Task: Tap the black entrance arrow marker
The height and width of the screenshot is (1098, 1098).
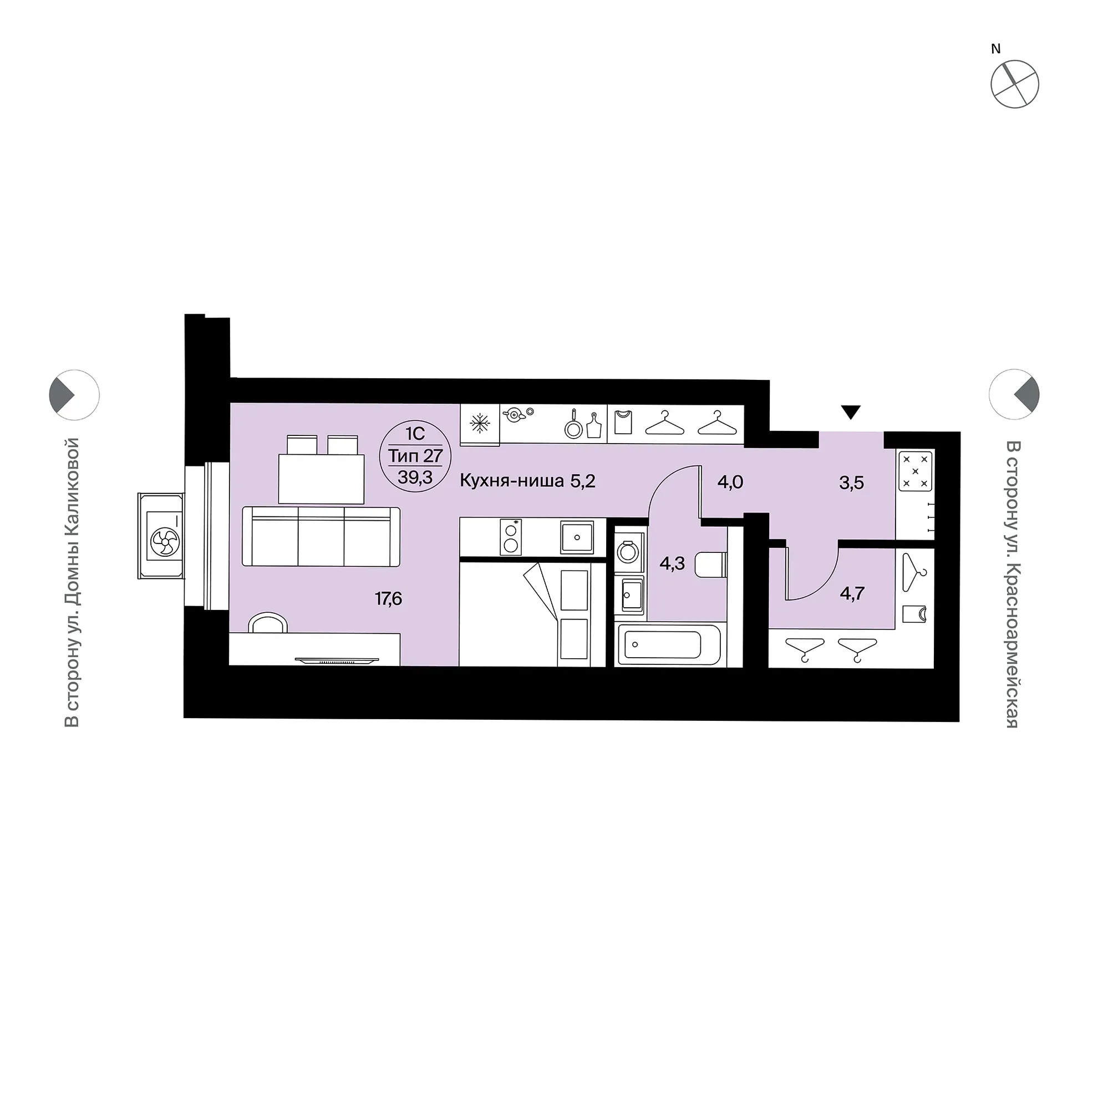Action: (850, 412)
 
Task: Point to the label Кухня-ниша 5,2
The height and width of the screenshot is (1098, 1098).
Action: (527, 481)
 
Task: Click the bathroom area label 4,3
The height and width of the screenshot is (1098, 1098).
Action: (672, 564)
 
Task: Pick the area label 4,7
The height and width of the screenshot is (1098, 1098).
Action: (852, 594)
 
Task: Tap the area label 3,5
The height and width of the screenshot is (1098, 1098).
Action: (851, 483)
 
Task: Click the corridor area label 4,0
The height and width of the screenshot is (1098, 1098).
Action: (730, 482)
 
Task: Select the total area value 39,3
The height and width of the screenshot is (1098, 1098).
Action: (415, 477)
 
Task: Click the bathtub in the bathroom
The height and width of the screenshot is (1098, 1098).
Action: (669, 644)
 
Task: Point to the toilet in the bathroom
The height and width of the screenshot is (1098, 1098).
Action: (710, 565)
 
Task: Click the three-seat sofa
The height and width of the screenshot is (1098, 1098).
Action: (321, 536)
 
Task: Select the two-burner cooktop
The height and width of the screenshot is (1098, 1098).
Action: (511, 537)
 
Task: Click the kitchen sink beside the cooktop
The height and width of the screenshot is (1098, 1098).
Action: (577, 537)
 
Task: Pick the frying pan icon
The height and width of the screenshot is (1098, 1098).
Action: (573, 426)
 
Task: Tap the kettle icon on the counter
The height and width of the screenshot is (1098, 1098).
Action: (516, 414)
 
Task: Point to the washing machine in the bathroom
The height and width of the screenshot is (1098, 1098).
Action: (628, 551)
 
